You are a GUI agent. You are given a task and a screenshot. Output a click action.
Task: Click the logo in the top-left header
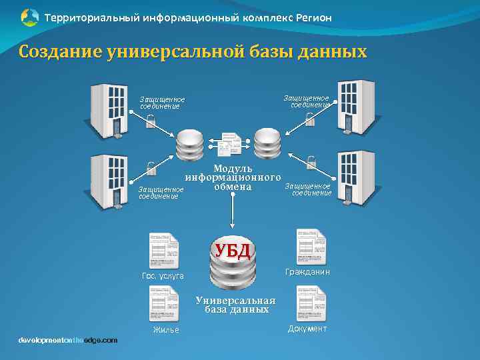point(30,17)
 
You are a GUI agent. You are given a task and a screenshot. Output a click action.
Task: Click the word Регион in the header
point(309,17)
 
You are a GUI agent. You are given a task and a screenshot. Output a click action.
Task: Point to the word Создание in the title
point(59,51)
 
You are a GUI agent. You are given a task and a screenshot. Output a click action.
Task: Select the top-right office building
point(356,107)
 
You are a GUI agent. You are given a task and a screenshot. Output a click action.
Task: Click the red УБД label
point(231,251)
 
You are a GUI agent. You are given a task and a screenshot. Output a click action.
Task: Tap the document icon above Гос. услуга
point(165,251)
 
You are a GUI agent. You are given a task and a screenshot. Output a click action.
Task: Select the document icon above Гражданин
point(311,247)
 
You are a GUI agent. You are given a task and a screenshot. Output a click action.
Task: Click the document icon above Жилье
point(165,304)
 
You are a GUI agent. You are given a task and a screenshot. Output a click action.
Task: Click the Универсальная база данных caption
point(235,305)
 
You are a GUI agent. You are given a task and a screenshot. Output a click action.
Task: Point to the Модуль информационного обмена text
point(232,177)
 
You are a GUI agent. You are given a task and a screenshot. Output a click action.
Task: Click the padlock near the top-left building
point(151,121)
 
